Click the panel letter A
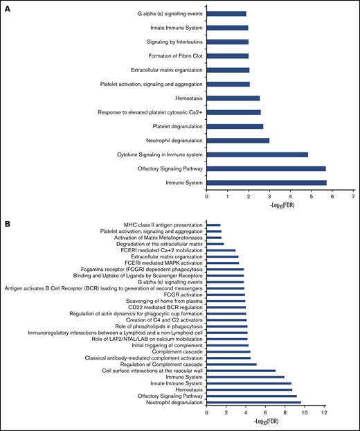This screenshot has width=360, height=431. (x=10, y=8)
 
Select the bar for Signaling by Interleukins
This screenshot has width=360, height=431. (x=228, y=42)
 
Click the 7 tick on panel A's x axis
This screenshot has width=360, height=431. (x=353, y=195)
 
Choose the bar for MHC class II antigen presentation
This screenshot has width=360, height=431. (x=213, y=225)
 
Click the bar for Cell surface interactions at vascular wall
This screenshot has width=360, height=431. (x=241, y=371)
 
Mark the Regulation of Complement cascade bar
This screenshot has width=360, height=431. (x=231, y=364)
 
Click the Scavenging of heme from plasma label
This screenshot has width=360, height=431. (x=161, y=301)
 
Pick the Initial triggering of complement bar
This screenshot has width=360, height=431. (x=227, y=344)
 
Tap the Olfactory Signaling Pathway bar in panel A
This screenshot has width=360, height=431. (x=266, y=168)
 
